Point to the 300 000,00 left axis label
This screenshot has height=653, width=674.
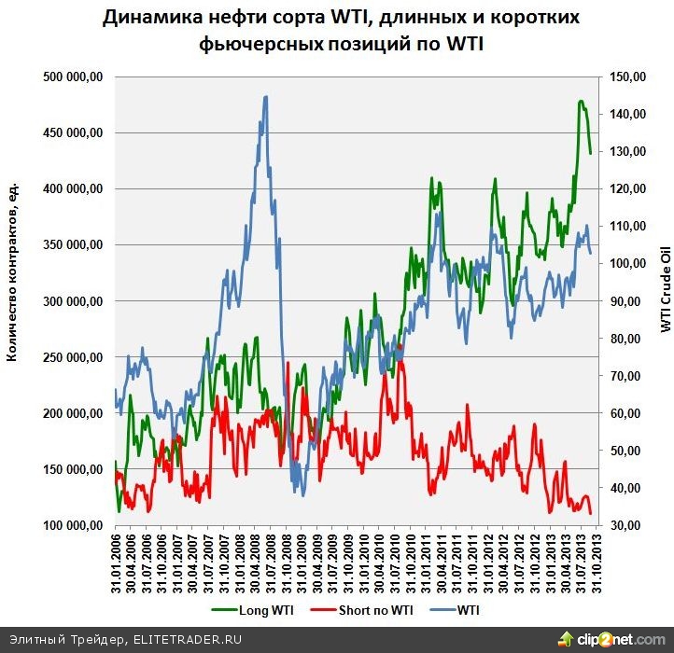click(73, 301)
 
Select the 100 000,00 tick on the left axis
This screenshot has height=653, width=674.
click(73, 525)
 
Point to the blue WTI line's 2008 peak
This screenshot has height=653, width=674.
click(266, 96)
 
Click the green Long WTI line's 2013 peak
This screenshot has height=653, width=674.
click(581, 101)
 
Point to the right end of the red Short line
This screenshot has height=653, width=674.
click(591, 513)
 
